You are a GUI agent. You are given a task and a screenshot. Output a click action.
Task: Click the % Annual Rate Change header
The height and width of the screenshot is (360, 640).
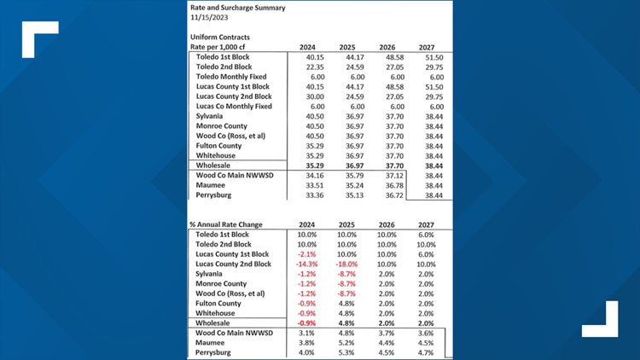click(226, 225)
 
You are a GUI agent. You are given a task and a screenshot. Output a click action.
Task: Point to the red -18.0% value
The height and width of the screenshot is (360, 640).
click(346, 264)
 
